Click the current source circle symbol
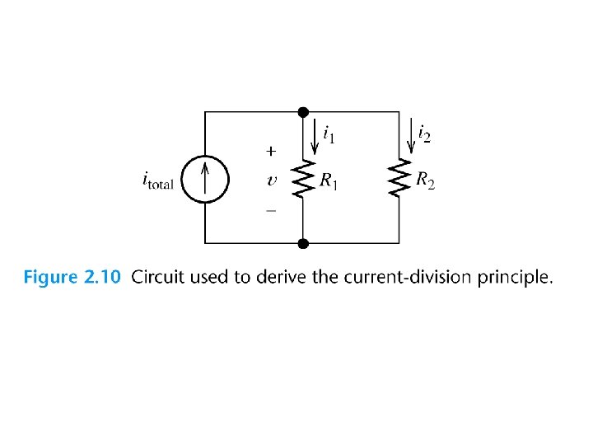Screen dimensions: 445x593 tap(205, 178)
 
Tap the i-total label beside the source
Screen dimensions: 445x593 tap(158, 180)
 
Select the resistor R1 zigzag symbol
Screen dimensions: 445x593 tap(303, 179)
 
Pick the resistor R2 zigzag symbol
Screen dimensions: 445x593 tap(399, 179)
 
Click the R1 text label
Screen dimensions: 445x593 tap(329, 181)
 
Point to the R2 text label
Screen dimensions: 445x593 tap(425, 181)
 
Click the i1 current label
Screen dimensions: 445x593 tap(328, 133)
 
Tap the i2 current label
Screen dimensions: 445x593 tap(423, 133)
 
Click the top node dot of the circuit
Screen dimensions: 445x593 tap(303, 112)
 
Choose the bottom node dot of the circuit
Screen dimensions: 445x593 tap(303, 243)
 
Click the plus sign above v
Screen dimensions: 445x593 tap(270, 152)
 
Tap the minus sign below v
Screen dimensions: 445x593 tap(270, 211)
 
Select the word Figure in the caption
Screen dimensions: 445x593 tap(50, 278)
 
